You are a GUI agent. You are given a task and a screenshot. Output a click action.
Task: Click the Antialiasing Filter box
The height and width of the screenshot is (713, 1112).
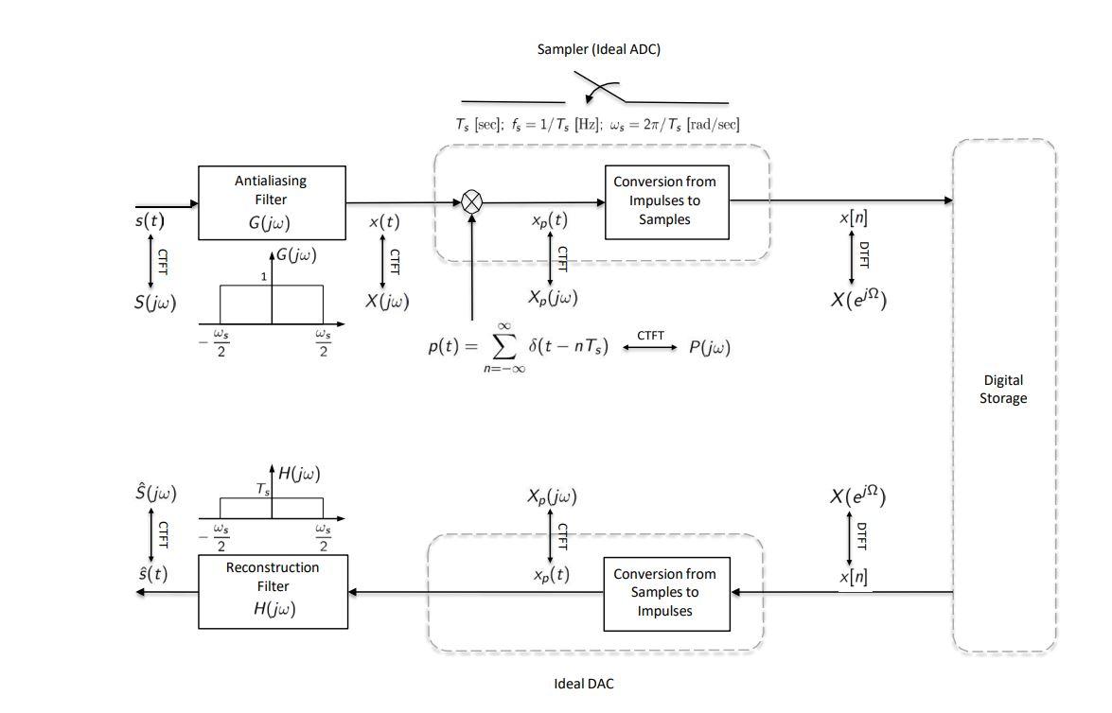(x=272, y=202)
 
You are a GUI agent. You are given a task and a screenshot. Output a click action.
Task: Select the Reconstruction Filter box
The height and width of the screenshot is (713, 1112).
(x=273, y=591)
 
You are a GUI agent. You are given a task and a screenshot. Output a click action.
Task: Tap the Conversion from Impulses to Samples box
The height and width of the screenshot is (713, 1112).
(x=666, y=200)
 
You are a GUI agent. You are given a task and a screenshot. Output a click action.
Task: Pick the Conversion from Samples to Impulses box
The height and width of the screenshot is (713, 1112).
(x=666, y=592)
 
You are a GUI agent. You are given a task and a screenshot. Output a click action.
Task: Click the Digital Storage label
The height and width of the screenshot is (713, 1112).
(x=1002, y=390)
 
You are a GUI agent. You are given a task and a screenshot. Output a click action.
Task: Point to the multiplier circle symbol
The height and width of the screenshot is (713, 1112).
(x=471, y=201)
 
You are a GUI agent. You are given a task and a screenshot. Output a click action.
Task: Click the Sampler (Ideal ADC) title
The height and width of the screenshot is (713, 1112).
(x=598, y=49)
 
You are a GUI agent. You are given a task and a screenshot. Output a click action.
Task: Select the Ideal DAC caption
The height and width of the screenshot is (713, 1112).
(x=583, y=683)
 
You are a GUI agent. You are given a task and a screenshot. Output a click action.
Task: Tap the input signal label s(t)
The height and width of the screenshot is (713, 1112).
(x=149, y=222)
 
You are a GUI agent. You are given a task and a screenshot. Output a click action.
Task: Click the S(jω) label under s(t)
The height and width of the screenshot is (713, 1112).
(x=154, y=302)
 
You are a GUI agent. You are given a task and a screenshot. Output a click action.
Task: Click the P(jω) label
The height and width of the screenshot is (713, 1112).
(x=709, y=347)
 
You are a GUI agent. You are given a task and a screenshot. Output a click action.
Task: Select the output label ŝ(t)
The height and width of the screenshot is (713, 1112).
(x=152, y=573)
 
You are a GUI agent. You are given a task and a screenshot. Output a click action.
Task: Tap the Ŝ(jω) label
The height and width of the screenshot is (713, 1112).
(x=155, y=493)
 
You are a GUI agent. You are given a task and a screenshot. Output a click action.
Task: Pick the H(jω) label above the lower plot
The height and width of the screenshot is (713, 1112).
(x=300, y=474)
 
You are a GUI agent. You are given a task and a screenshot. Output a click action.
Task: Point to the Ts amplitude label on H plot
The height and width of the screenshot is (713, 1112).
(x=263, y=489)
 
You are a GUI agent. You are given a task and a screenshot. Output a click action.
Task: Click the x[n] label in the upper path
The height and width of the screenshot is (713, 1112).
(x=854, y=218)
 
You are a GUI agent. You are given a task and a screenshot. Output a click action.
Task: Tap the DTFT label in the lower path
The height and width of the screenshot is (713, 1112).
(x=861, y=536)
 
